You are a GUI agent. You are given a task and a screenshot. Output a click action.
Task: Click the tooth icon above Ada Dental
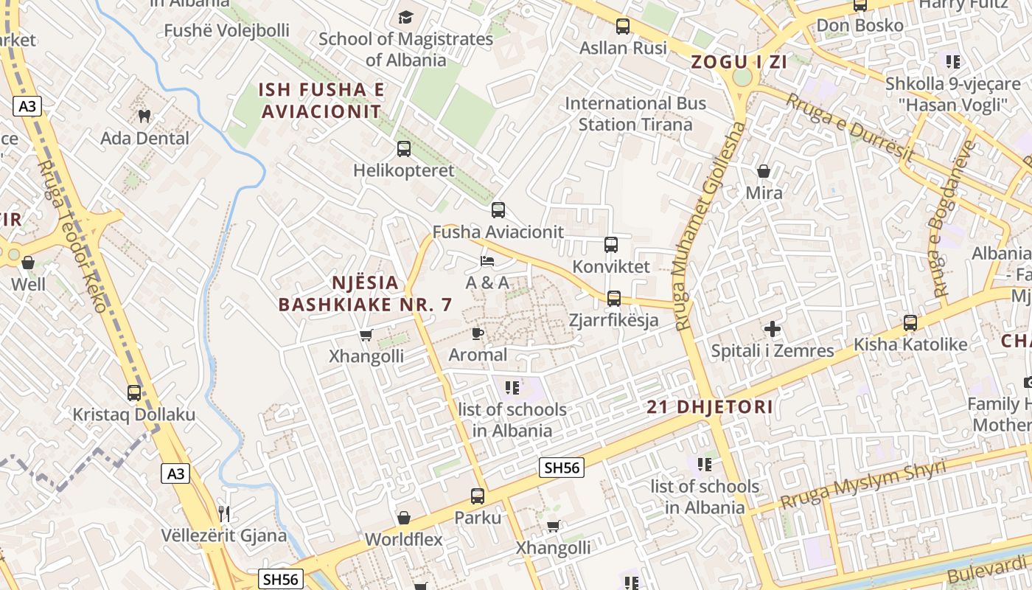point(144,116)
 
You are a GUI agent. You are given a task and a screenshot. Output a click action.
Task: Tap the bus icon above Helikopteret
point(404,149)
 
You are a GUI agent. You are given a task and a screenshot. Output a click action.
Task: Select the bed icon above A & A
point(487,260)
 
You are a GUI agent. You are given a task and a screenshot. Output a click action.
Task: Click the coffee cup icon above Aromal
point(478,333)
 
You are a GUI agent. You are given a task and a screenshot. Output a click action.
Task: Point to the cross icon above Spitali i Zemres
point(773,329)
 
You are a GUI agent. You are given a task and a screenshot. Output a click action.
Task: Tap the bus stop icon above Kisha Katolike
point(910,322)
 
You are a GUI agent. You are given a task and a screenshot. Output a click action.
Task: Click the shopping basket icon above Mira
point(764,171)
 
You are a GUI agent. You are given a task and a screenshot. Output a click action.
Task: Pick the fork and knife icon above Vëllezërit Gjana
point(224,513)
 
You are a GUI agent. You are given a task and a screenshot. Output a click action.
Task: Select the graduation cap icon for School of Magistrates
point(405,17)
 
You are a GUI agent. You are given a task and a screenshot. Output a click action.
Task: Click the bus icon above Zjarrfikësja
point(613,299)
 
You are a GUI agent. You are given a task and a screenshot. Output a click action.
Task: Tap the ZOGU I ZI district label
point(739,62)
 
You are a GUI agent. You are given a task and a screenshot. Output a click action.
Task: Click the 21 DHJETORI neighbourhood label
point(710,406)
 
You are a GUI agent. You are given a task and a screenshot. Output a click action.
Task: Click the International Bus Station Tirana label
point(635,114)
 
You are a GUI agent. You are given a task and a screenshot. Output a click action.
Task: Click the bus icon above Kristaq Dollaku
point(134,393)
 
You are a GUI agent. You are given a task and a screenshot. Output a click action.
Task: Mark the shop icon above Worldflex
point(404,518)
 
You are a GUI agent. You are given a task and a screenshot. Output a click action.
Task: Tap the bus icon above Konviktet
point(611,245)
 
